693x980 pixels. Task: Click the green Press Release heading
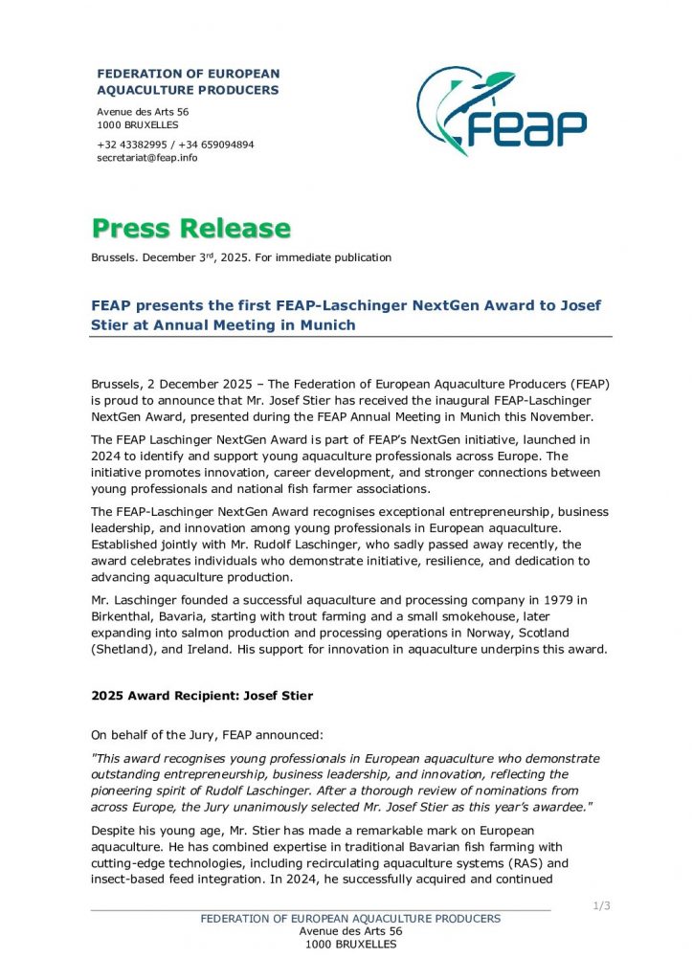190,229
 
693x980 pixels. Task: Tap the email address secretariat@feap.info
146,158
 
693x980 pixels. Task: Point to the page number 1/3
602,906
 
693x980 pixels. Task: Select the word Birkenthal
127,617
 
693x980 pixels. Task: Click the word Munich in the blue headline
323,324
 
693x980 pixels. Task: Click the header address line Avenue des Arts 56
143,112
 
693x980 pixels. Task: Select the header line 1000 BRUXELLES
138,125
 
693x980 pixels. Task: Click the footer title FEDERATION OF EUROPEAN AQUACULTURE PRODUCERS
350,919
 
